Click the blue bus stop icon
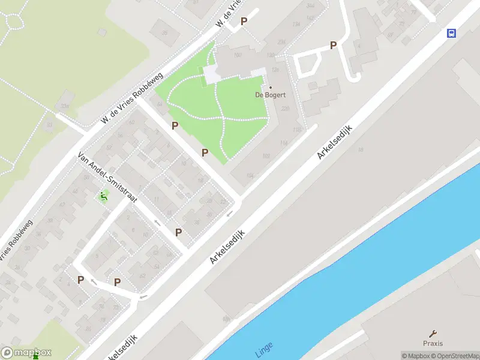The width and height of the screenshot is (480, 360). (451, 33)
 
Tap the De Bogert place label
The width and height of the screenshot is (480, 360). (270, 95)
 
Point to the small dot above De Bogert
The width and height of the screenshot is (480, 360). (270, 88)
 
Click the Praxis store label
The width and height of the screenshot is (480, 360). (432, 343)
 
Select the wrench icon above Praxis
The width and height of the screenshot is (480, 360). (433, 333)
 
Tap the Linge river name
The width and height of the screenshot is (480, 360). (264, 349)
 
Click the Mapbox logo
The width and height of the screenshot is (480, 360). (26, 353)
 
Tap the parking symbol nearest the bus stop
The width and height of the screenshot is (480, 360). (333, 45)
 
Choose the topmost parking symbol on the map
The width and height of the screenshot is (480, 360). (244, 21)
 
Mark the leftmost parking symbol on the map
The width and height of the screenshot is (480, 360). (80, 280)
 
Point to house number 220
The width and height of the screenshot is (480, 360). (285, 109)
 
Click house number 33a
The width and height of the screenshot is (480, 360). (65, 107)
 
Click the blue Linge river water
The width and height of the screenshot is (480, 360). (360, 252)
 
